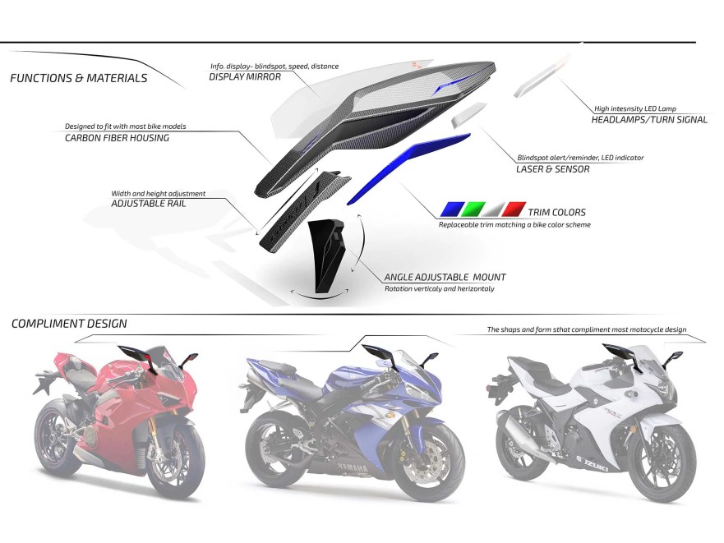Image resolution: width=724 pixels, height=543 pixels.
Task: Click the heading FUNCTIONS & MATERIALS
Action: [79, 79]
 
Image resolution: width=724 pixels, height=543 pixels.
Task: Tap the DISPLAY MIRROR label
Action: [245, 77]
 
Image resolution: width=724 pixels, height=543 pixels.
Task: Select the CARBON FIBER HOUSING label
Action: [117, 138]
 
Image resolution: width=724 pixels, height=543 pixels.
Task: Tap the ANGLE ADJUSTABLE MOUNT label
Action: [445, 278]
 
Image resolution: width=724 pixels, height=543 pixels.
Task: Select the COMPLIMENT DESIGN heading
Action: [69, 324]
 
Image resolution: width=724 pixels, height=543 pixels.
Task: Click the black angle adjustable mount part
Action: [326, 251]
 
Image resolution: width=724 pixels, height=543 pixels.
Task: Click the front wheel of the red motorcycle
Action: [175, 465]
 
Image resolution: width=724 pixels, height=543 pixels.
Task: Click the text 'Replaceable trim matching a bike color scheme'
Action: [514, 225]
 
